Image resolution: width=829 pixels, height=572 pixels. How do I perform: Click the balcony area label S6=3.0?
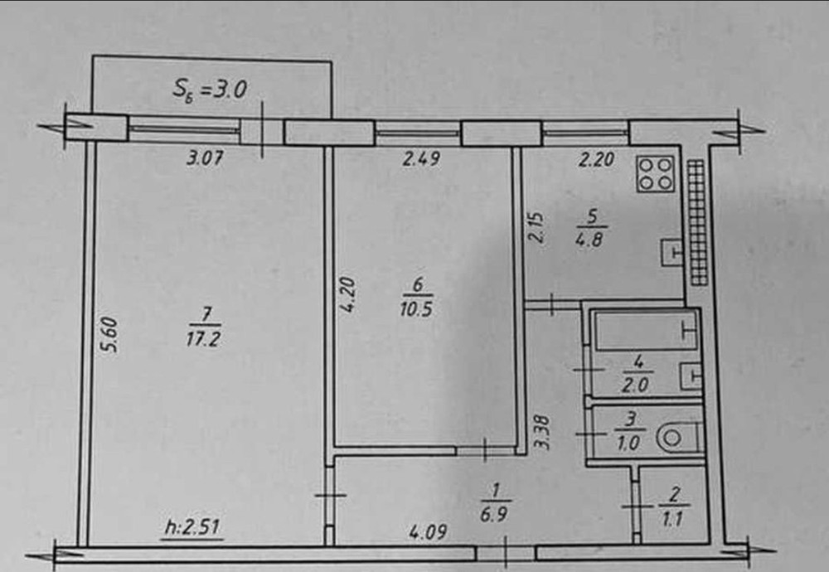point(210,90)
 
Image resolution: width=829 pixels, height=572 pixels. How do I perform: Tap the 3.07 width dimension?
point(205,158)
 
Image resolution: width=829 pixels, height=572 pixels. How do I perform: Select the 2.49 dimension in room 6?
point(421,158)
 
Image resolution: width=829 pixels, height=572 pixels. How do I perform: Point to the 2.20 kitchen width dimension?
point(596,159)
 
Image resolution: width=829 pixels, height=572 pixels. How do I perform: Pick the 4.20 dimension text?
point(347,295)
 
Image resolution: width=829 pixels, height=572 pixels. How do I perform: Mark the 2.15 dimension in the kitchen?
point(536,227)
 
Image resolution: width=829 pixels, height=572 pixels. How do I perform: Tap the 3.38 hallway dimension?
point(542,433)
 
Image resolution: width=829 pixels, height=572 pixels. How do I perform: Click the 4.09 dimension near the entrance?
point(429,531)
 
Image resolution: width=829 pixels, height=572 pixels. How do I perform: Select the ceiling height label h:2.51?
point(192,527)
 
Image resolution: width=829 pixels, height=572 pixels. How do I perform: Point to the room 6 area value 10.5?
point(417,309)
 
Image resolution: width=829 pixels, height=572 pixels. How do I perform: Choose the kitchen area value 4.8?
point(589,240)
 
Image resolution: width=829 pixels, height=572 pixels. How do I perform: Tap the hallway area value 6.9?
point(493,514)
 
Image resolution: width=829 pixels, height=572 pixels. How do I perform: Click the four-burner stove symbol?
point(656,173)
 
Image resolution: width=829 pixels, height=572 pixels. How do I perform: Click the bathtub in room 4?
point(646,332)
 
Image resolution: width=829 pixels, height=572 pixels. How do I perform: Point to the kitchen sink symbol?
point(671,252)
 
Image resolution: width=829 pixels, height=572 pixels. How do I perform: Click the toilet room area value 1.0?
point(628,443)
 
